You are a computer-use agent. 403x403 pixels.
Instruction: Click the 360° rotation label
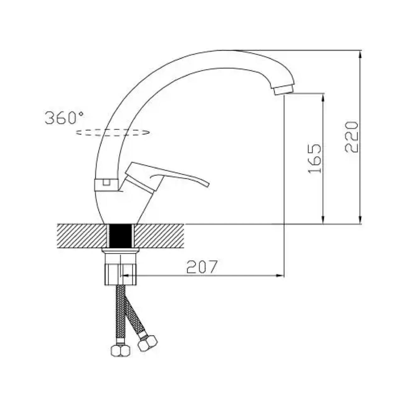point(64,118)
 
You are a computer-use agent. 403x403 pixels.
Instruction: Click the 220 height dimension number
point(351,137)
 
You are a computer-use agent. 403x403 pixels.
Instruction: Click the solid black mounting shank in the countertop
point(121,236)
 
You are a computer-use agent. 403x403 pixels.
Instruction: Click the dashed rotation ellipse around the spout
point(113,132)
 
